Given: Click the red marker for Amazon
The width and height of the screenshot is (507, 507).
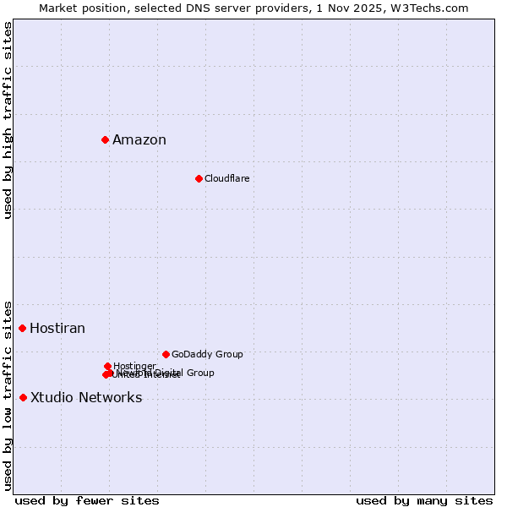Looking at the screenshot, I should [x=105, y=139].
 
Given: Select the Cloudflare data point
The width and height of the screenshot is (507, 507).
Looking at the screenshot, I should [x=199, y=178].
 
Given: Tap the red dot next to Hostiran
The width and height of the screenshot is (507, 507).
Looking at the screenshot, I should [x=23, y=328].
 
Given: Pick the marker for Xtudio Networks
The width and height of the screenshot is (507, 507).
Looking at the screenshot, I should [x=23, y=397].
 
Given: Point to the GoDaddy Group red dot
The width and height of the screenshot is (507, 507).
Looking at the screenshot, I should [x=166, y=354].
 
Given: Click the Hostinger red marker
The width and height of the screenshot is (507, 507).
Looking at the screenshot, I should [x=107, y=366].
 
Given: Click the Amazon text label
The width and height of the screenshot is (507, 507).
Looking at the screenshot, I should [x=139, y=140].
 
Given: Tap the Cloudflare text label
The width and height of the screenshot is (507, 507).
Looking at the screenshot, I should [x=226, y=178].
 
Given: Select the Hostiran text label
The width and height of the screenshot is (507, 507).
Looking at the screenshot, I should [x=57, y=329].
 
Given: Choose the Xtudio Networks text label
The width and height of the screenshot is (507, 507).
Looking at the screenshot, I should [x=86, y=398].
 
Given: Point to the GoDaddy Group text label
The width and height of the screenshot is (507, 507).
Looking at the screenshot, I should [x=207, y=355].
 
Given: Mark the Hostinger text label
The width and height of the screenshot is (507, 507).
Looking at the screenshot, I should [x=134, y=366].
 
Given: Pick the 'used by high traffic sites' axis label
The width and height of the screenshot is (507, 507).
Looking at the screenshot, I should [x=8, y=120].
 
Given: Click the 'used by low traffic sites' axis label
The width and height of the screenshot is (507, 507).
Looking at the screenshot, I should [x=8, y=395].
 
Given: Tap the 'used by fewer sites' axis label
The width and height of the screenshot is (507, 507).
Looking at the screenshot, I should [x=87, y=500].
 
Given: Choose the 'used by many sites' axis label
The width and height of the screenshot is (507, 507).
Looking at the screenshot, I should [x=424, y=500].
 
